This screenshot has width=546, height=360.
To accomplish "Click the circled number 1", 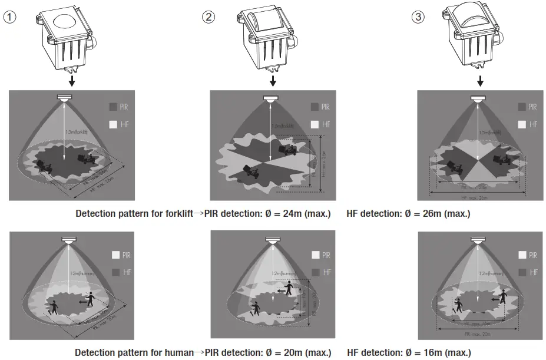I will [9, 17].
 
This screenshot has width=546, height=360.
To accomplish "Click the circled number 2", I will [208, 17].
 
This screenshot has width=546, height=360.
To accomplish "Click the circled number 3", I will [418, 17].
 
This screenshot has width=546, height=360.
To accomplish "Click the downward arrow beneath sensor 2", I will [272, 80].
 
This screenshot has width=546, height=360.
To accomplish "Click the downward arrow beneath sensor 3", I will [480, 80].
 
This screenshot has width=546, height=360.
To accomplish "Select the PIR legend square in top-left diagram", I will [112, 107].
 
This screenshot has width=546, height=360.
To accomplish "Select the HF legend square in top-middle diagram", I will [315, 124].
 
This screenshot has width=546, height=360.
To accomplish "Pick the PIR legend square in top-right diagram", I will [522, 107].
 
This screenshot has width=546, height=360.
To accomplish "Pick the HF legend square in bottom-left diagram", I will [115, 272].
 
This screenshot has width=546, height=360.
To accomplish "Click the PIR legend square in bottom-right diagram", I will [522, 255].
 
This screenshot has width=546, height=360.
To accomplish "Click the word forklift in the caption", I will [177, 214].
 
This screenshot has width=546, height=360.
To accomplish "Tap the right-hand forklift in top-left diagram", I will [87, 159].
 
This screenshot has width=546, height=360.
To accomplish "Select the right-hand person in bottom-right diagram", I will [504, 296].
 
